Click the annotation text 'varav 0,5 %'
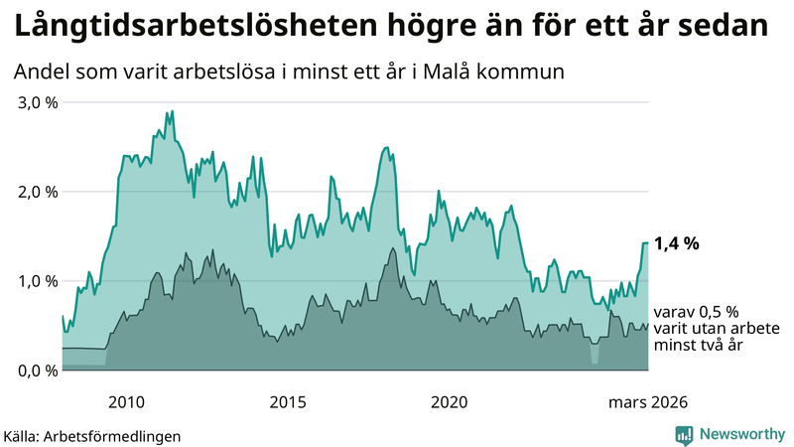click(x=696, y=311)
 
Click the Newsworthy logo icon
click(x=684, y=434)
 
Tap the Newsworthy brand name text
click(x=742, y=434)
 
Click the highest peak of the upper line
click(x=172, y=111)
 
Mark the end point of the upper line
click(x=648, y=242)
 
